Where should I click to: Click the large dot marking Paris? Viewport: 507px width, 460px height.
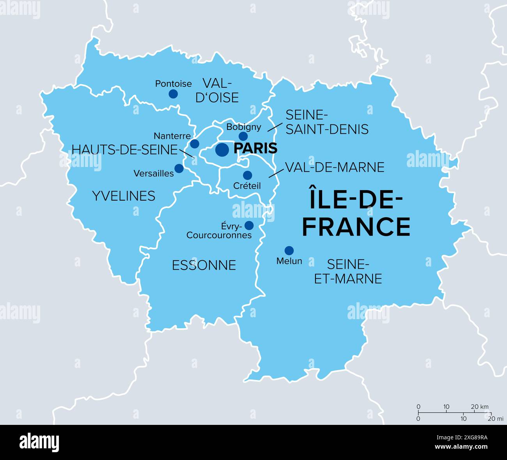[222, 149]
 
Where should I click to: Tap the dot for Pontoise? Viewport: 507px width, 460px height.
[173, 94]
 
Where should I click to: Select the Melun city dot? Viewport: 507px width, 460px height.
[289, 250]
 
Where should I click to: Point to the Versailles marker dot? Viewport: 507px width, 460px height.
[179, 169]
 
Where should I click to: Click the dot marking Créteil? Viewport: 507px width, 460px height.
[248, 175]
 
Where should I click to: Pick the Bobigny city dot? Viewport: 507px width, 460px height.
[243, 136]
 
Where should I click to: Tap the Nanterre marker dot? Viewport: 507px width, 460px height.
[195, 144]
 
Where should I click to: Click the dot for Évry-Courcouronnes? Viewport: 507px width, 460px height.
[249, 225]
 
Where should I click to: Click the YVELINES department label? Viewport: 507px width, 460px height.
[124, 196]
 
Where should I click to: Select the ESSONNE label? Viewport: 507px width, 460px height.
[204, 265]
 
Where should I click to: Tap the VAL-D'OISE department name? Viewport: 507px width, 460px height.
[217, 90]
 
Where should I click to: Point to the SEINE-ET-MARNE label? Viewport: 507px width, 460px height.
[348, 272]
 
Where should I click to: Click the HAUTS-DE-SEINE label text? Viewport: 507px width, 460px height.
[124, 149]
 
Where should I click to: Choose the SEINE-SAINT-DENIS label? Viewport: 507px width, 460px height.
[327, 122]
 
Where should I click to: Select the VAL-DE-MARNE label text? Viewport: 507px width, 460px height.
[335, 167]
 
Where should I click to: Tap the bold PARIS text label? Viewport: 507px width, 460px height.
[255, 149]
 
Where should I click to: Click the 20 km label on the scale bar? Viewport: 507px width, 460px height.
[480, 407]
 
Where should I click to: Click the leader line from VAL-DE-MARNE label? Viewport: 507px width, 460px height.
[276, 172]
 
